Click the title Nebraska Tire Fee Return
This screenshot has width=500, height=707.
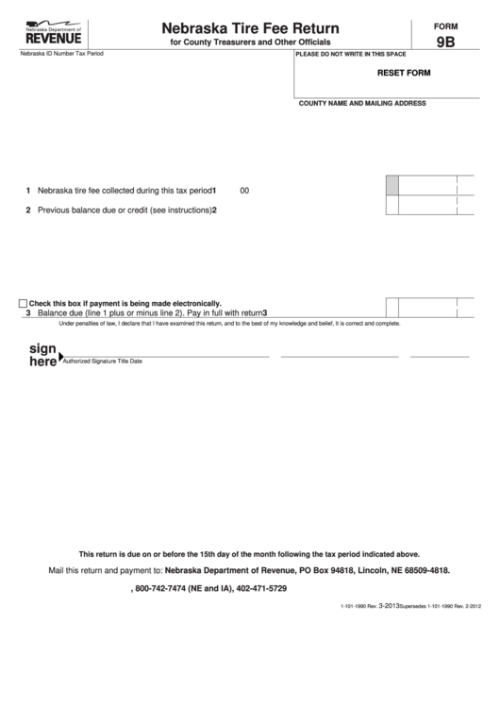pos(250,29)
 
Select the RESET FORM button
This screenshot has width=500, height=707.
pos(404,73)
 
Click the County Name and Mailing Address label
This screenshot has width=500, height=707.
pos(362,103)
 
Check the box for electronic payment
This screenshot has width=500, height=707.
pos(23,303)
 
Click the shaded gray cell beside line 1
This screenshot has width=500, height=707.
pos(392,186)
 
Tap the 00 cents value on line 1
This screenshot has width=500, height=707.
pos(244,190)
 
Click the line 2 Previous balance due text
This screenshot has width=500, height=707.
pos(123,210)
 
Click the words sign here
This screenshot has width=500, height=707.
pos(42,354)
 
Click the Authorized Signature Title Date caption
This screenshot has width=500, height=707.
pos(103,362)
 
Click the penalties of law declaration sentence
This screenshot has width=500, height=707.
pos(229,323)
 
